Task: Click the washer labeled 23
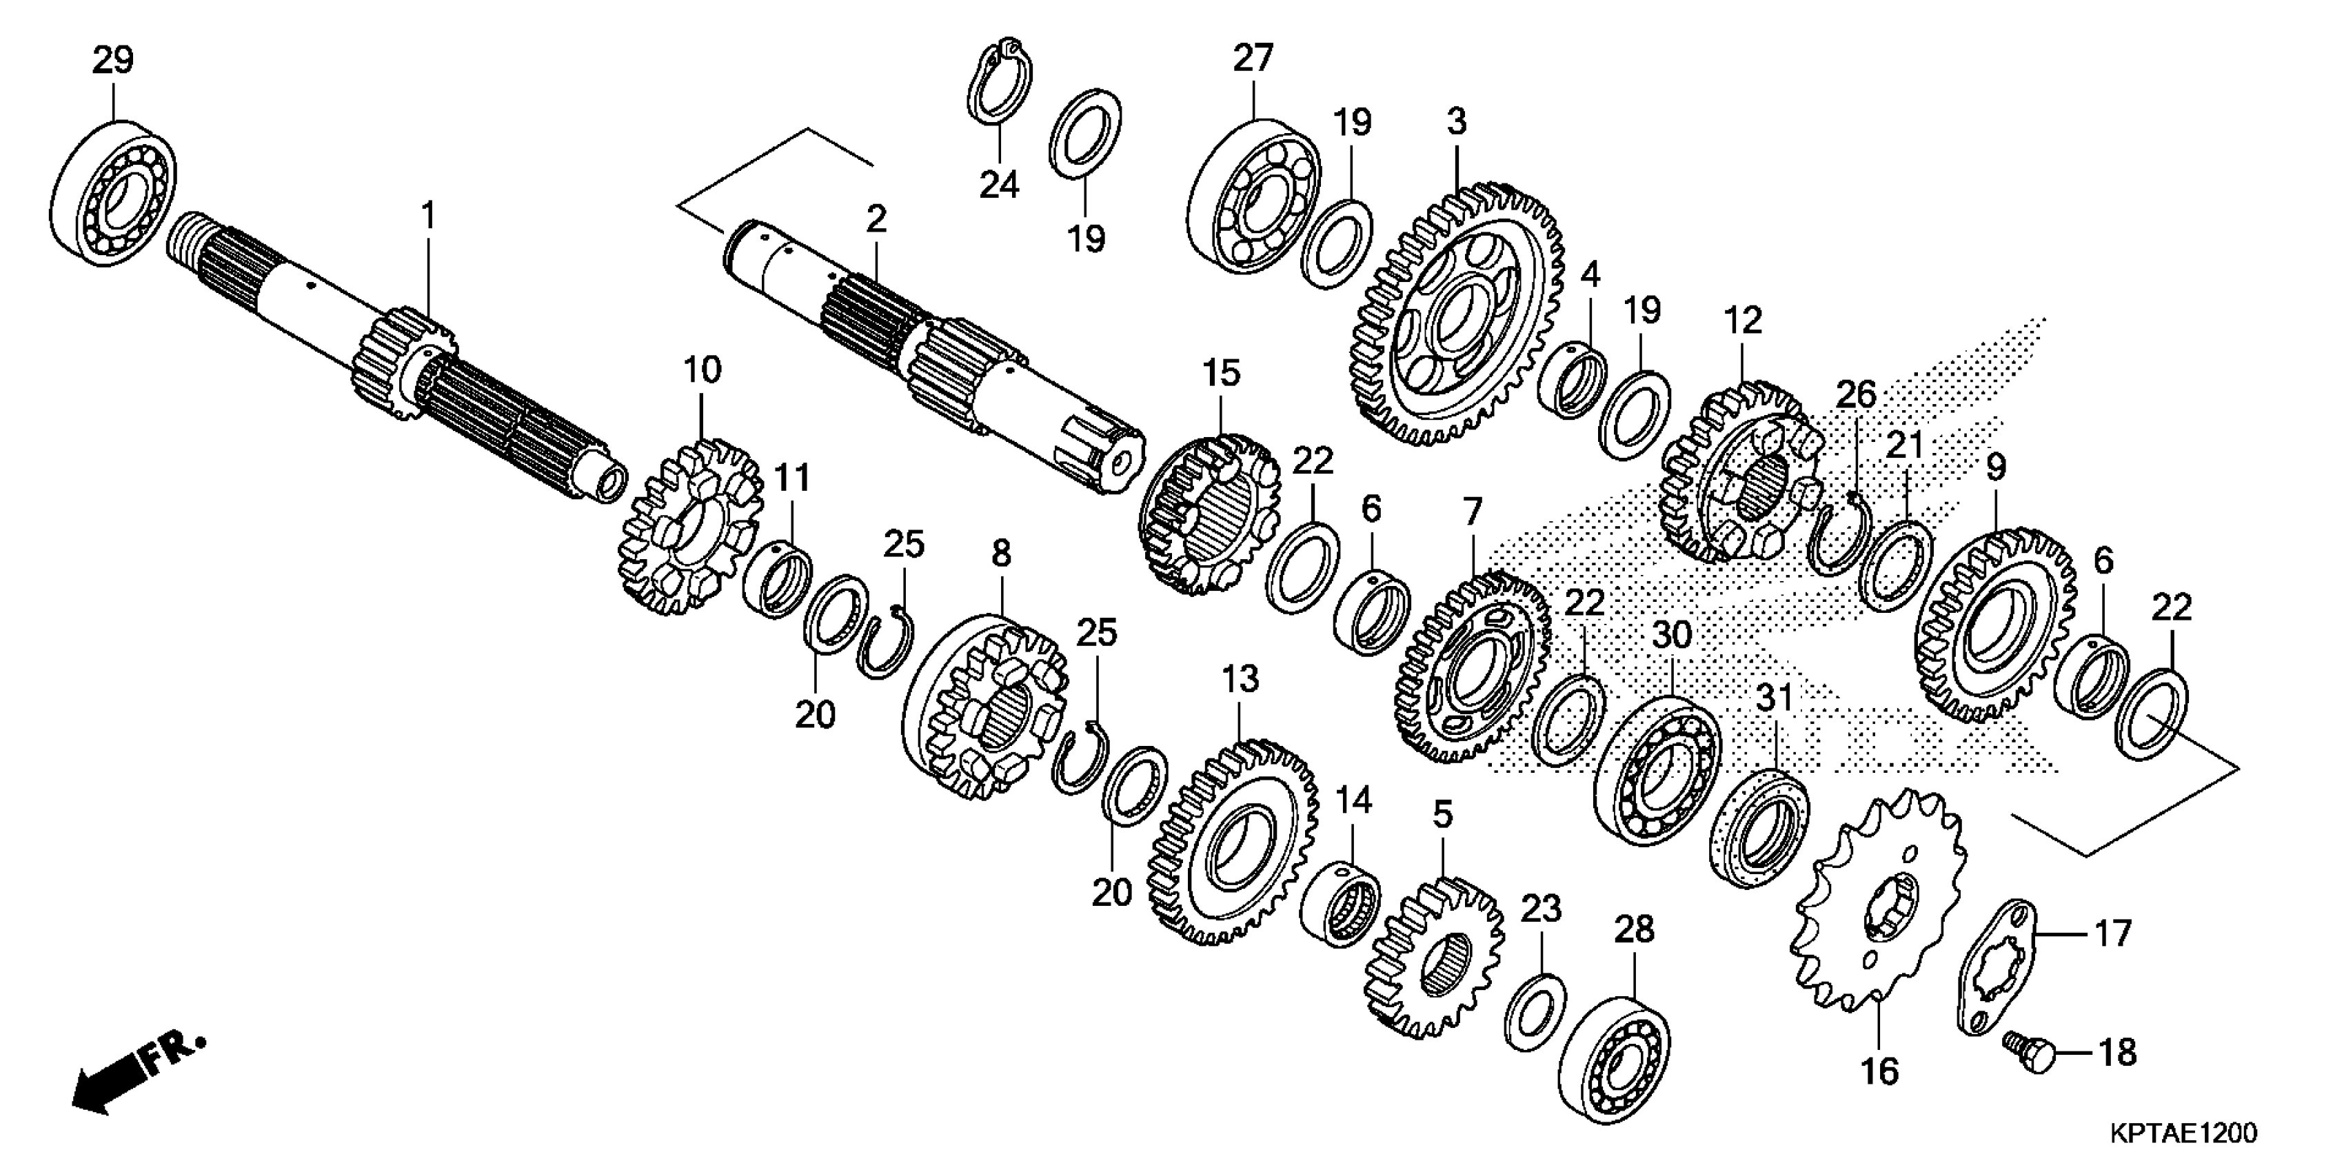(x=1535, y=1010)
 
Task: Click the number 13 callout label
(x=1240, y=680)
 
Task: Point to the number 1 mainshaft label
(x=427, y=216)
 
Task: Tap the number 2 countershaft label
(x=876, y=219)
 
